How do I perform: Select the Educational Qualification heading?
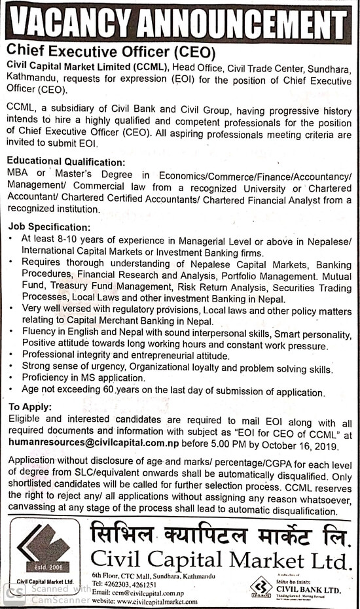(x=65, y=162)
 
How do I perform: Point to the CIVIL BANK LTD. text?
(x=309, y=589)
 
